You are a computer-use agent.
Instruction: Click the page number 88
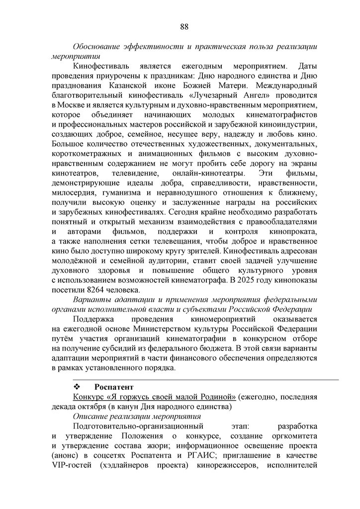(184, 26)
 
